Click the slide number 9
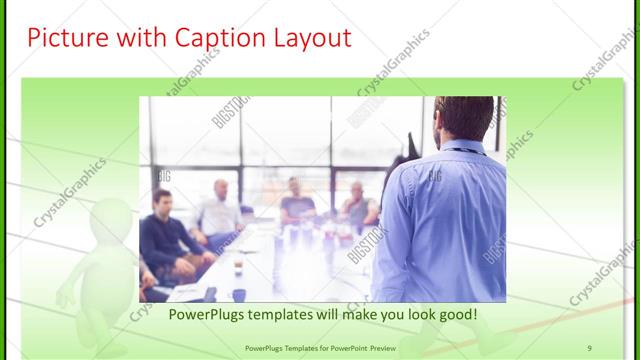(x=590, y=347)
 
